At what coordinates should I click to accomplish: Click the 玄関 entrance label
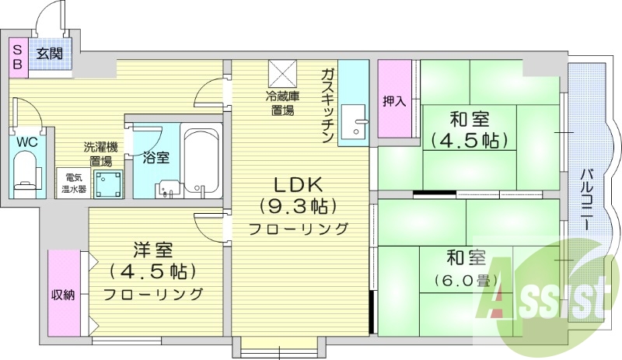point(50,54)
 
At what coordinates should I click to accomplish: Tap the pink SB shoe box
point(18,58)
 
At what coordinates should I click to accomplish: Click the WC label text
point(27,142)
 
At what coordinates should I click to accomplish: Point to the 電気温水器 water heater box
point(73,183)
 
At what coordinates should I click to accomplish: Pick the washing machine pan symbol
point(108,183)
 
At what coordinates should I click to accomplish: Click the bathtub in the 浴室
point(201,161)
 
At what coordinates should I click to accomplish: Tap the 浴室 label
point(156,158)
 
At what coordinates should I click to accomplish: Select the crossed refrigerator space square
point(283,74)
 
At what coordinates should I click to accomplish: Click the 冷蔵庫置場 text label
point(282,103)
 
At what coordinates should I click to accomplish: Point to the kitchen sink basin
point(354,121)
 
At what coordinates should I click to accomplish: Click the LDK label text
point(299,185)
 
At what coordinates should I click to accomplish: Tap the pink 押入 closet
point(394,99)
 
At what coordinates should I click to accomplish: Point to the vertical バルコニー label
point(588,199)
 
